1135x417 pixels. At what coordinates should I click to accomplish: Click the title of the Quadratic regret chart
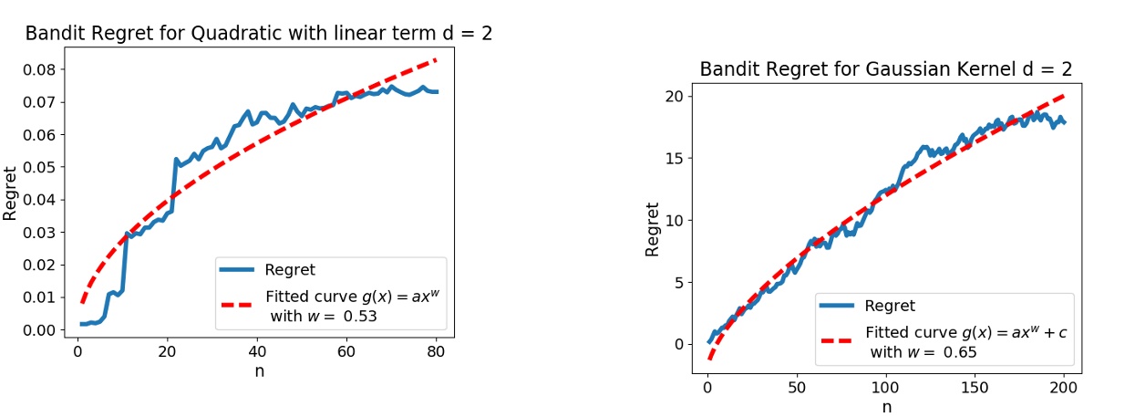click(x=264, y=34)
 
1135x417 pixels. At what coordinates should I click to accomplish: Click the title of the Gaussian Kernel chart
click(x=885, y=70)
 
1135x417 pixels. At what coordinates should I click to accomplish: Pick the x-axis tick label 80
click(x=437, y=352)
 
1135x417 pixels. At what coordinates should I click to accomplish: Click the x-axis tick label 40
click(x=258, y=352)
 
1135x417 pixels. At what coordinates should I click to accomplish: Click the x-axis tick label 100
click(x=886, y=386)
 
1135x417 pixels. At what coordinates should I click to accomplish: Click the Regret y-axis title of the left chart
click(x=11, y=193)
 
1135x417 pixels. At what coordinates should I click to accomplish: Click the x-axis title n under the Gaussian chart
click(x=886, y=406)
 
